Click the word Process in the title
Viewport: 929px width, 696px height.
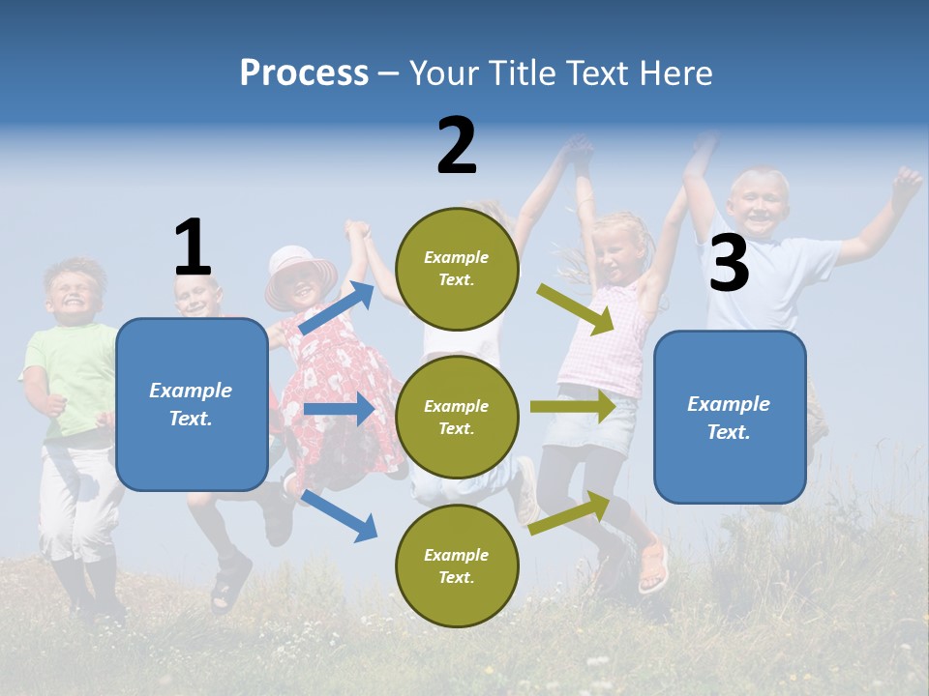click(304, 73)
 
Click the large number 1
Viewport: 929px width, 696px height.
click(193, 247)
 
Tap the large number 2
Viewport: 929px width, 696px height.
click(457, 146)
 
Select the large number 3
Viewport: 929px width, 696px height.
click(729, 264)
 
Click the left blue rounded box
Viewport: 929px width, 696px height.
click(192, 404)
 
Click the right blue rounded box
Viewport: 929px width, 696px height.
click(730, 417)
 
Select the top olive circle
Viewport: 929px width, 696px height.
click(457, 269)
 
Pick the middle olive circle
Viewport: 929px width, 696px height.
click(457, 417)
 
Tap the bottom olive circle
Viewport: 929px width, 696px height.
click(457, 565)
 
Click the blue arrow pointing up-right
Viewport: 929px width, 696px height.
click(337, 308)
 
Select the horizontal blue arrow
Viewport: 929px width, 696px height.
click(339, 409)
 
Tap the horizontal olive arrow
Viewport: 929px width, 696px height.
click(573, 406)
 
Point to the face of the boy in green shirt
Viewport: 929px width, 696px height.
click(74, 290)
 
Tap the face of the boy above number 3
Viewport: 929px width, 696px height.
click(758, 203)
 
